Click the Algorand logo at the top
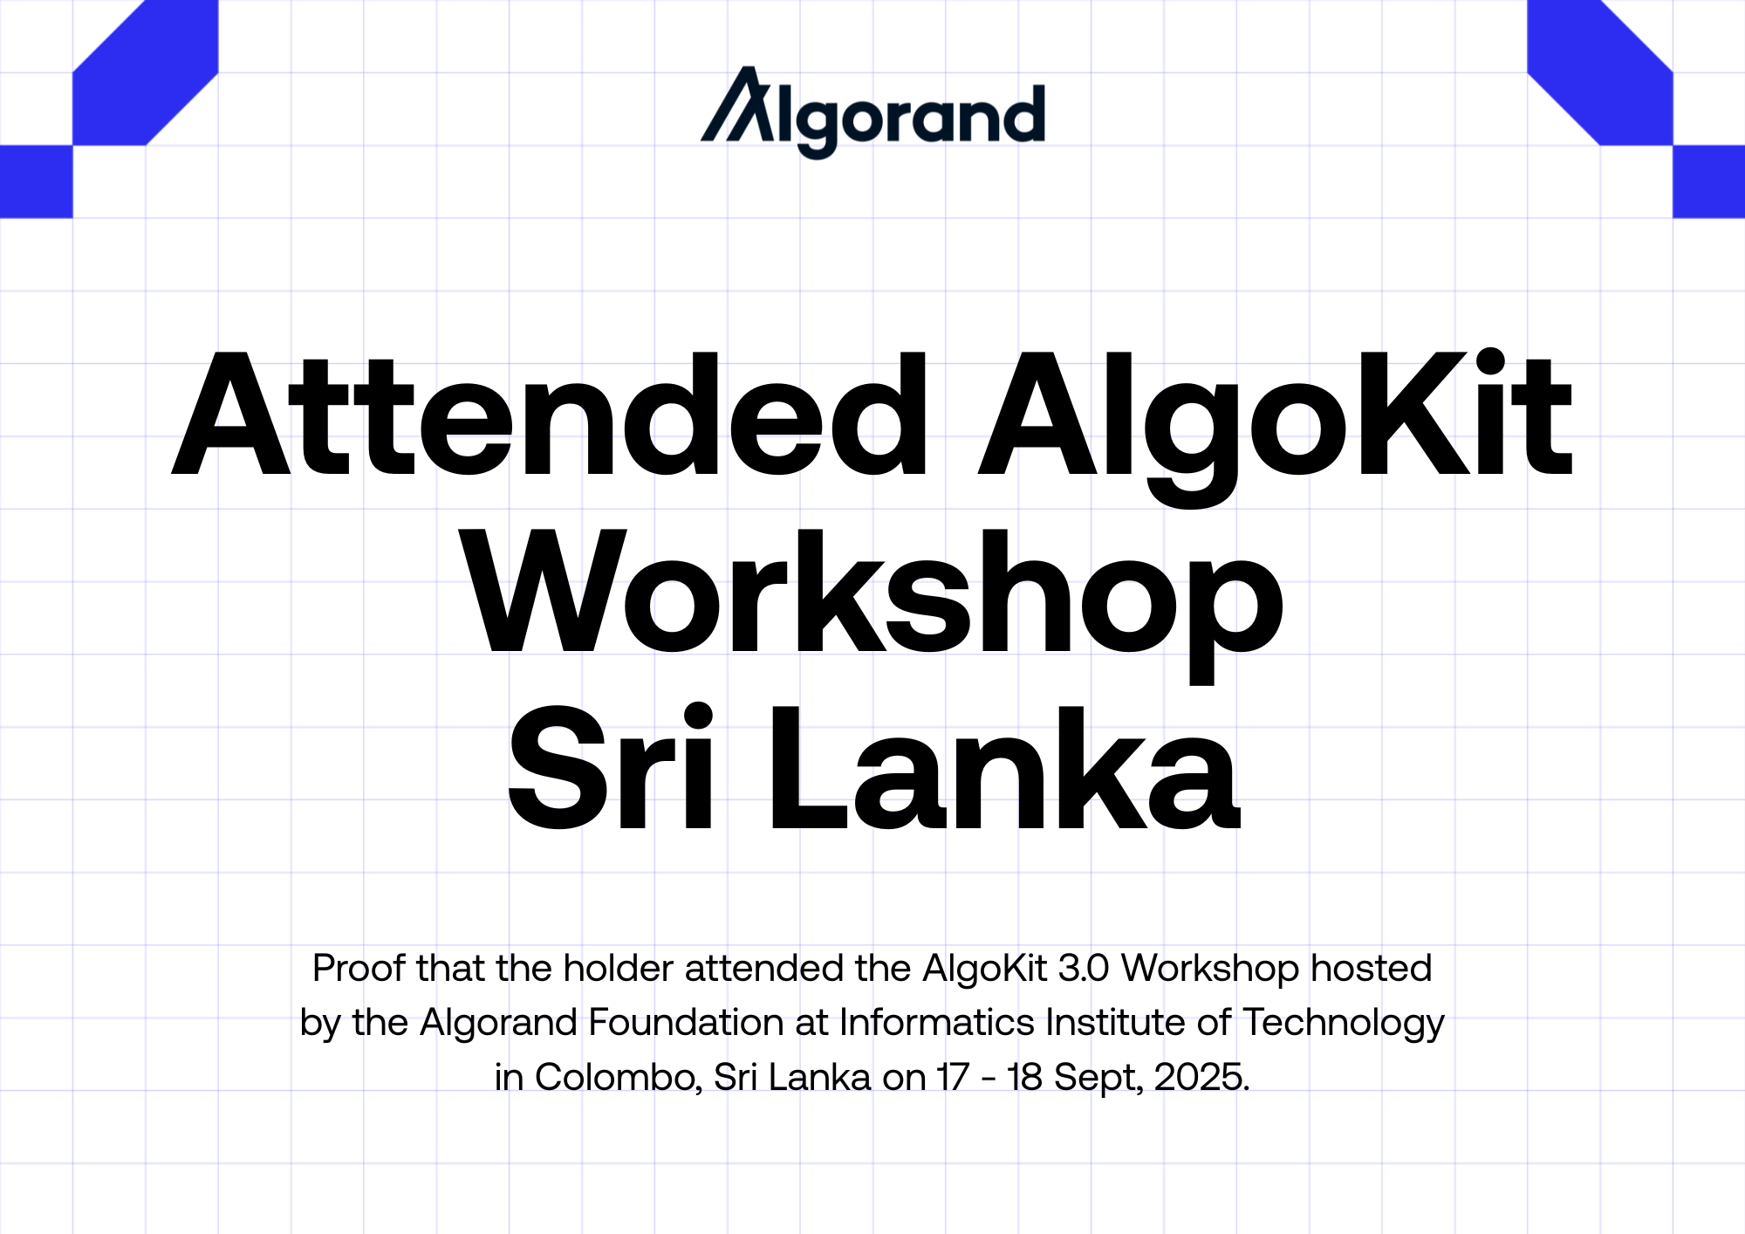[872, 112]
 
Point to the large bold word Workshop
[872, 605]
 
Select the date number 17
[954, 1078]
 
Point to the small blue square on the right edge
[1709, 182]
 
